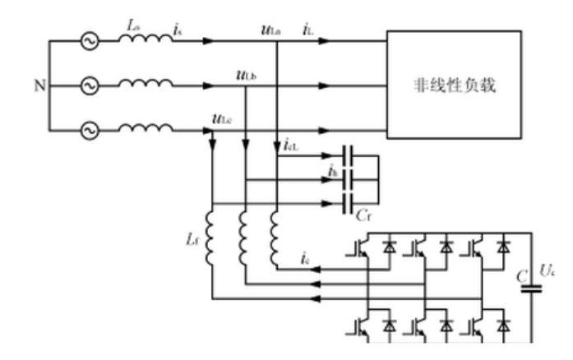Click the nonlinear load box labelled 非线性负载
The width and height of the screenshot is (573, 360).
tap(455, 85)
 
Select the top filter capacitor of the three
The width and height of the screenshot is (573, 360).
tap(349, 155)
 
